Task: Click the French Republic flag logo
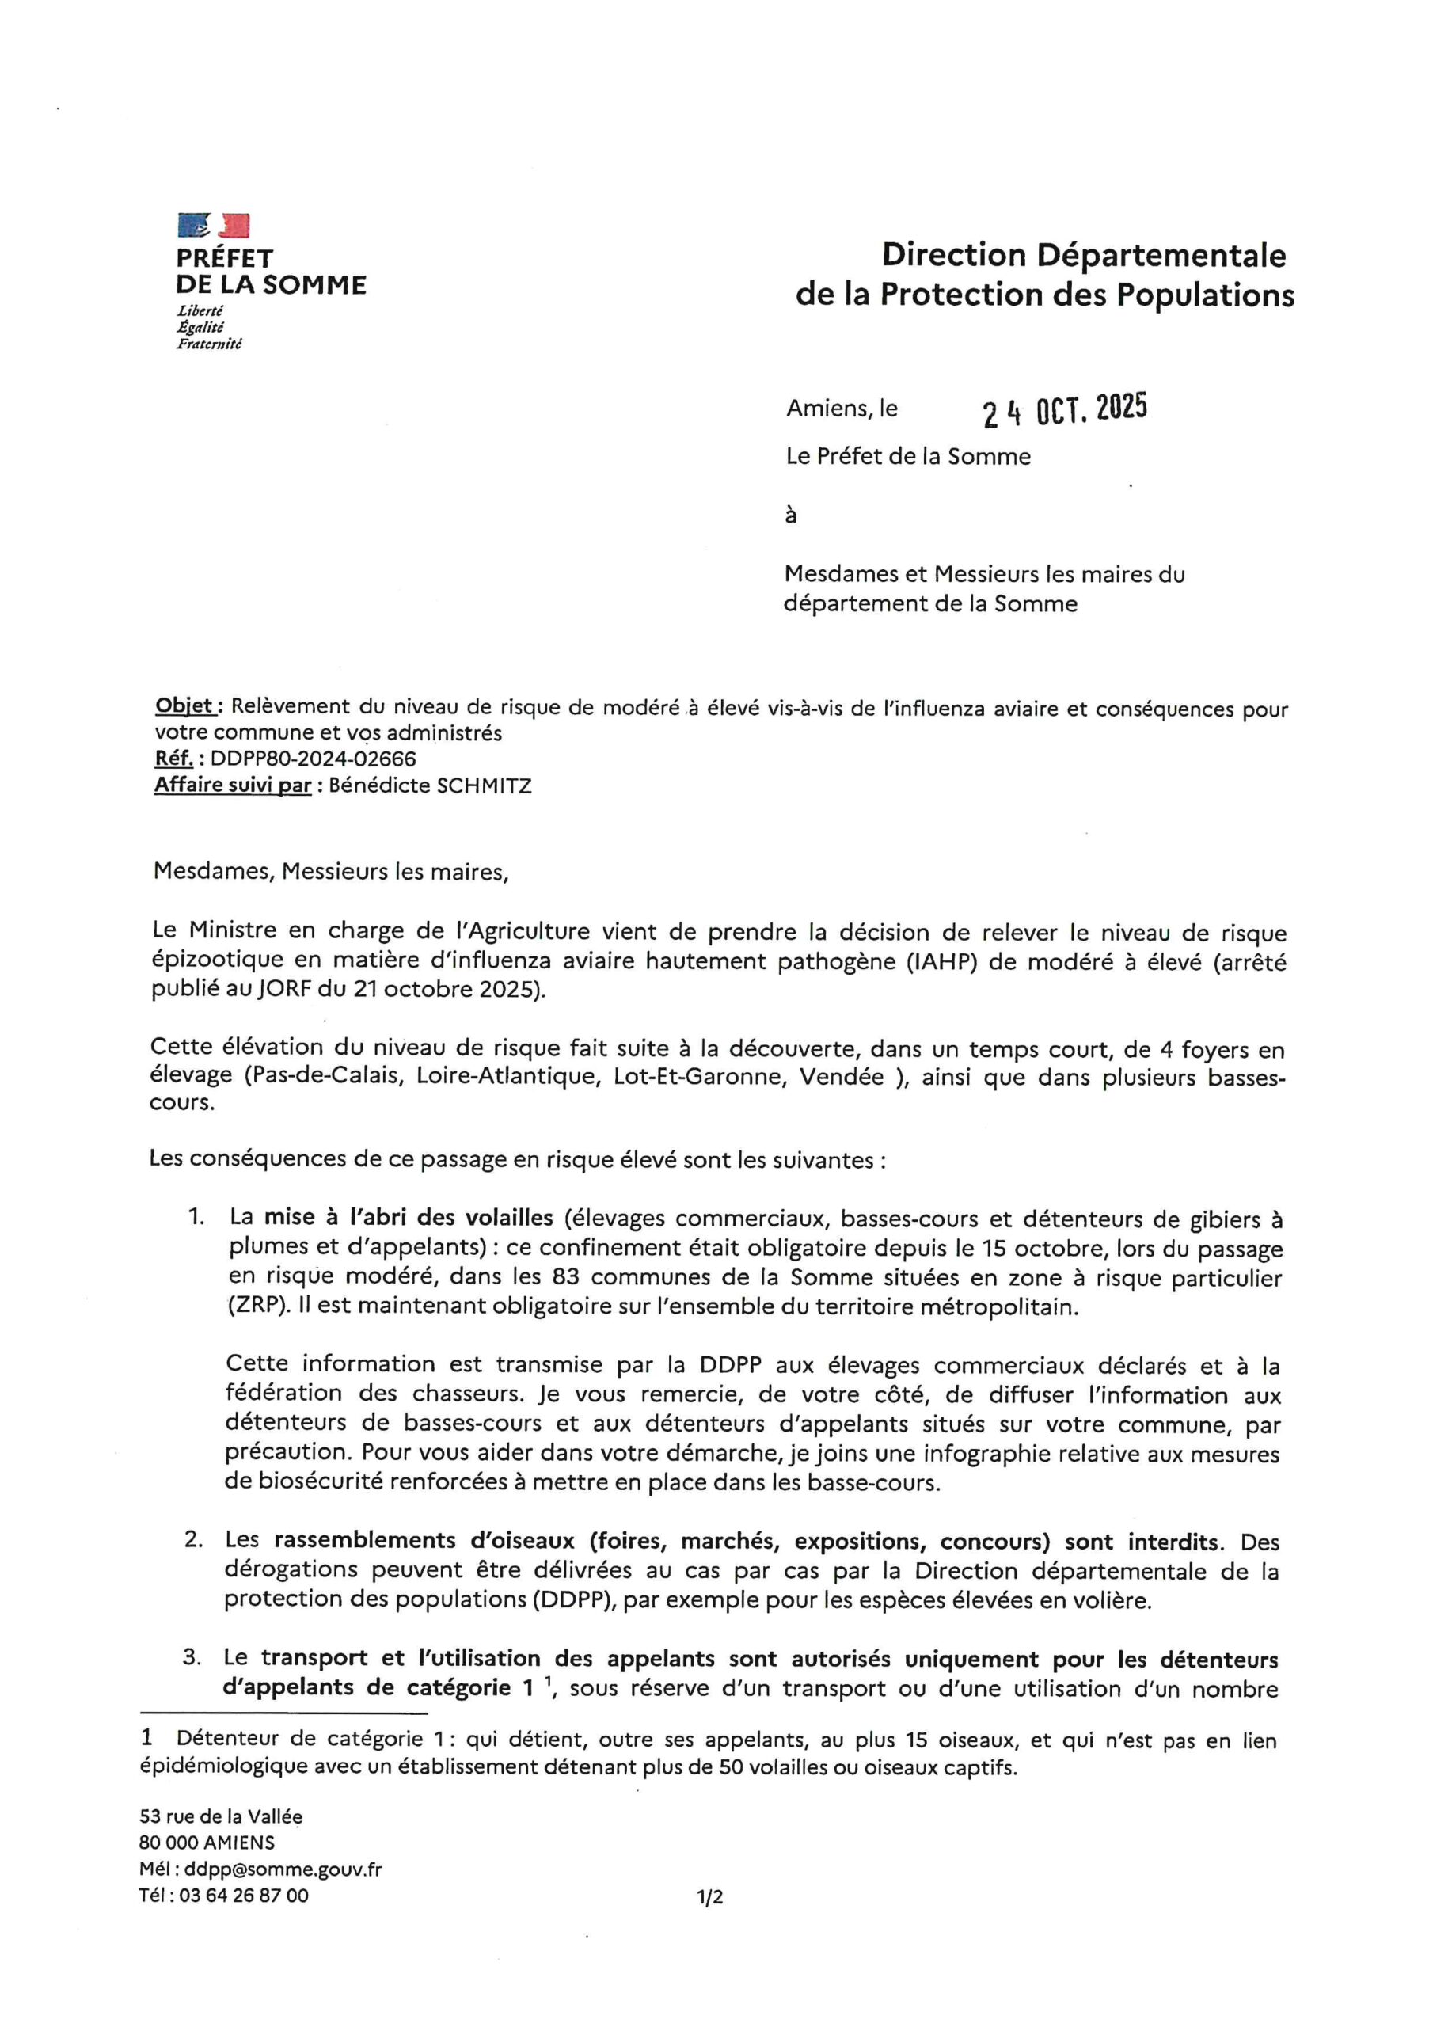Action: (x=214, y=226)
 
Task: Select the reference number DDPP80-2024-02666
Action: (x=314, y=759)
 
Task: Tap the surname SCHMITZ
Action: (x=485, y=785)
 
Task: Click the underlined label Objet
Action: (x=184, y=706)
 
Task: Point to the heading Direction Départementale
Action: (x=1083, y=256)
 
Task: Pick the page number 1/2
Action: (x=710, y=1896)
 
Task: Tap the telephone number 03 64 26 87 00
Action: (x=244, y=1896)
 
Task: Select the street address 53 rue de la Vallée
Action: (x=221, y=1816)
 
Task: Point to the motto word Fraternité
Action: (x=208, y=344)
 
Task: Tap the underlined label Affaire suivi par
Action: (x=233, y=785)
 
